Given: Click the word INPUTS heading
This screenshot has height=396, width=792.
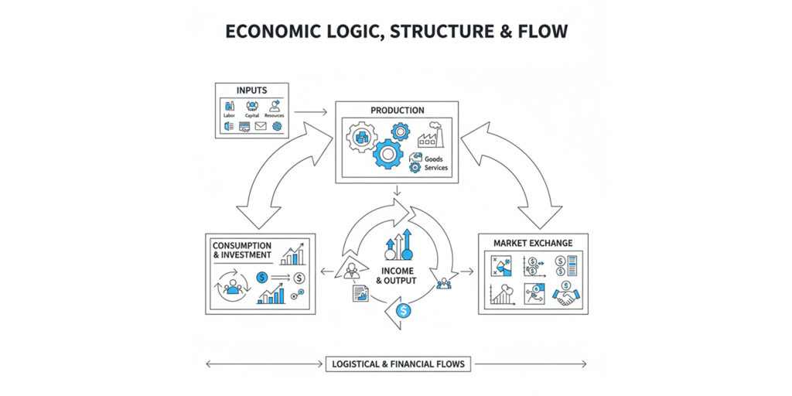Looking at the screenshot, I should [x=251, y=90].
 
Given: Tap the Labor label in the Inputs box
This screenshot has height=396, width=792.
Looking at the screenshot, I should [x=229, y=115].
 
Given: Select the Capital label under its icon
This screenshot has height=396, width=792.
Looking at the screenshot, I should [x=252, y=115].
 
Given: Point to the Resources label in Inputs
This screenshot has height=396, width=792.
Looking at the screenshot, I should [x=275, y=115].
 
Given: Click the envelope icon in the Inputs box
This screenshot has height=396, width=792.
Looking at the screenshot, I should [x=261, y=126].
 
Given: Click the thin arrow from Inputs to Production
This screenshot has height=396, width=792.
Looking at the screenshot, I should [x=310, y=112].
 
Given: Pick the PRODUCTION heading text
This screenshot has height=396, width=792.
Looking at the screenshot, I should [x=397, y=111].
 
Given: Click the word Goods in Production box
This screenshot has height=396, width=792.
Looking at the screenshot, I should [x=433, y=159].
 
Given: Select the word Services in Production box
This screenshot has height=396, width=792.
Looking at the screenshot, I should [x=435, y=168].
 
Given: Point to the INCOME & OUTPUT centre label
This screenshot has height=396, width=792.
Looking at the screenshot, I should [x=396, y=275].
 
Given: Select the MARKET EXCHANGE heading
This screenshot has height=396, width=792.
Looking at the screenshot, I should [x=533, y=243].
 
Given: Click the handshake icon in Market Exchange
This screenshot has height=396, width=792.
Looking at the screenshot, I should [x=567, y=295].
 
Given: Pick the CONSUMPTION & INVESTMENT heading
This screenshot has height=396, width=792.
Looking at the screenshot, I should [x=241, y=251].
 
